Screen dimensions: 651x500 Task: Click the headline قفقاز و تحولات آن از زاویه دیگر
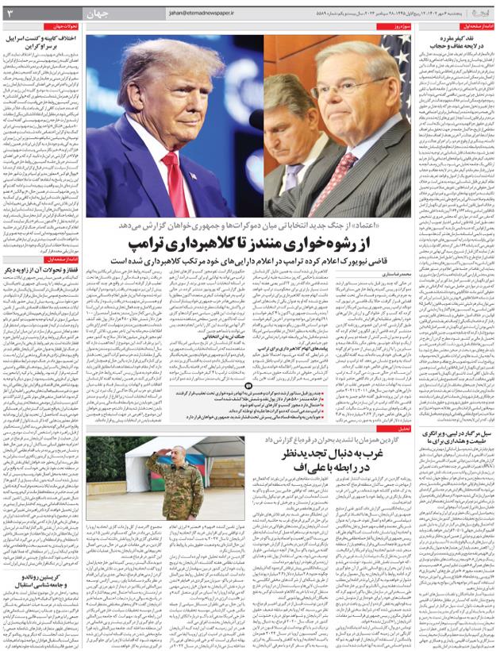coord(43,272)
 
